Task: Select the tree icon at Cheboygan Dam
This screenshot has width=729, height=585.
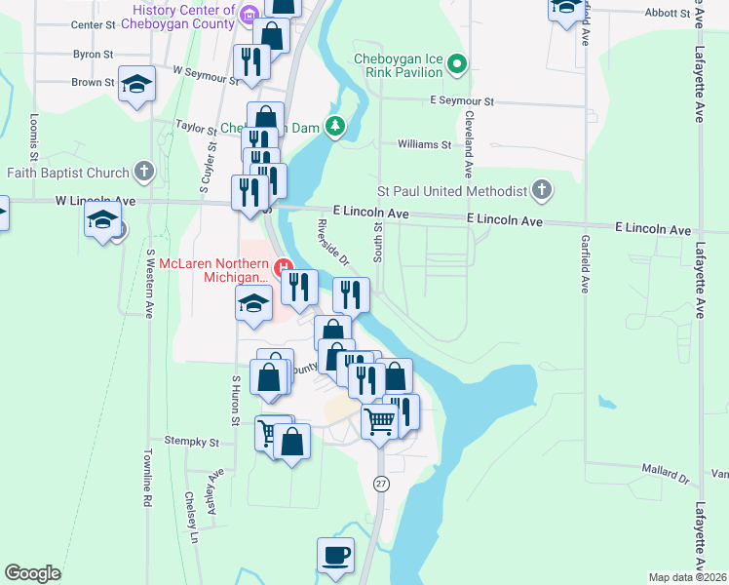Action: (x=335, y=127)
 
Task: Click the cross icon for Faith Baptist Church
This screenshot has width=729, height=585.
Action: (x=144, y=173)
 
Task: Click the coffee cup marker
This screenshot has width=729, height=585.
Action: (x=335, y=556)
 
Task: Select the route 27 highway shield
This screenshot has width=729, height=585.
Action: (x=380, y=484)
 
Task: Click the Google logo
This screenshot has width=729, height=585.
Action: (x=32, y=573)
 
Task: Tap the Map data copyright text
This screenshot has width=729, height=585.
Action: (x=687, y=577)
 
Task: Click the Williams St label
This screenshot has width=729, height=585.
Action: (x=424, y=144)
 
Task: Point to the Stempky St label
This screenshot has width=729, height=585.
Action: (x=192, y=442)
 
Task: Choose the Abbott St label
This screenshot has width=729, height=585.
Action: (x=672, y=14)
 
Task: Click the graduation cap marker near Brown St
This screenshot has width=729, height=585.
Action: (x=137, y=84)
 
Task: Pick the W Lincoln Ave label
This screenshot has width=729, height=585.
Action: (x=67, y=201)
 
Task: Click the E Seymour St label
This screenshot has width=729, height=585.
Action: (x=462, y=101)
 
